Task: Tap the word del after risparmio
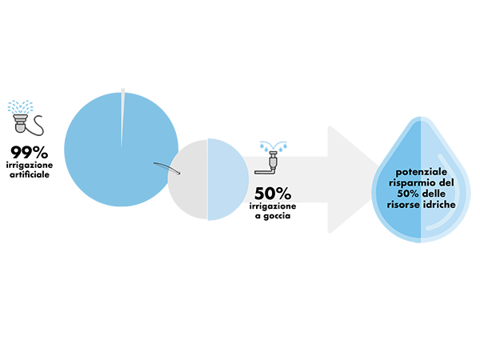pos(446,183)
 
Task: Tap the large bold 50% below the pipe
pos(273,194)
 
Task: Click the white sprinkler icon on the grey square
pos(22,124)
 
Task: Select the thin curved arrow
pos(166,166)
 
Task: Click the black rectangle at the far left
pos(31,192)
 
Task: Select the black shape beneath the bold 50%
pos(276,222)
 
